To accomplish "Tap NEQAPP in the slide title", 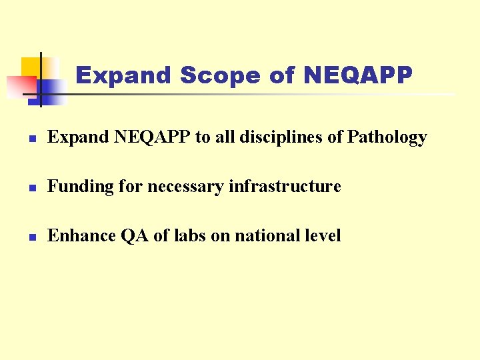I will tap(357, 75).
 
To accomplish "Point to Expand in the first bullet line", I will tap(78, 137).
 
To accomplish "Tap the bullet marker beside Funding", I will tap(31, 187).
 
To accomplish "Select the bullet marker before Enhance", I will tap(31, 236).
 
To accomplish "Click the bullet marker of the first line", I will tap(31, 138).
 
